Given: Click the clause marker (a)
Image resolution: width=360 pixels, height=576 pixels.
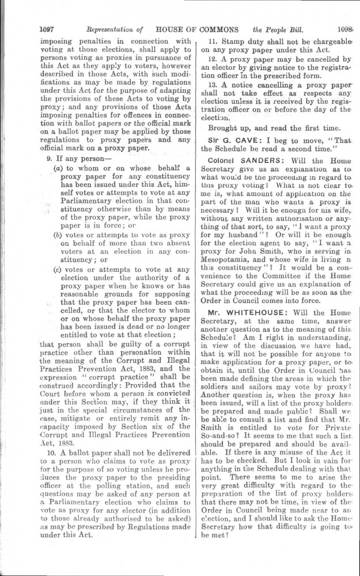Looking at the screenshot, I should (58, 166).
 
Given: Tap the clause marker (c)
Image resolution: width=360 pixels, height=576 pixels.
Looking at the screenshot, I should (58, 269).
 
